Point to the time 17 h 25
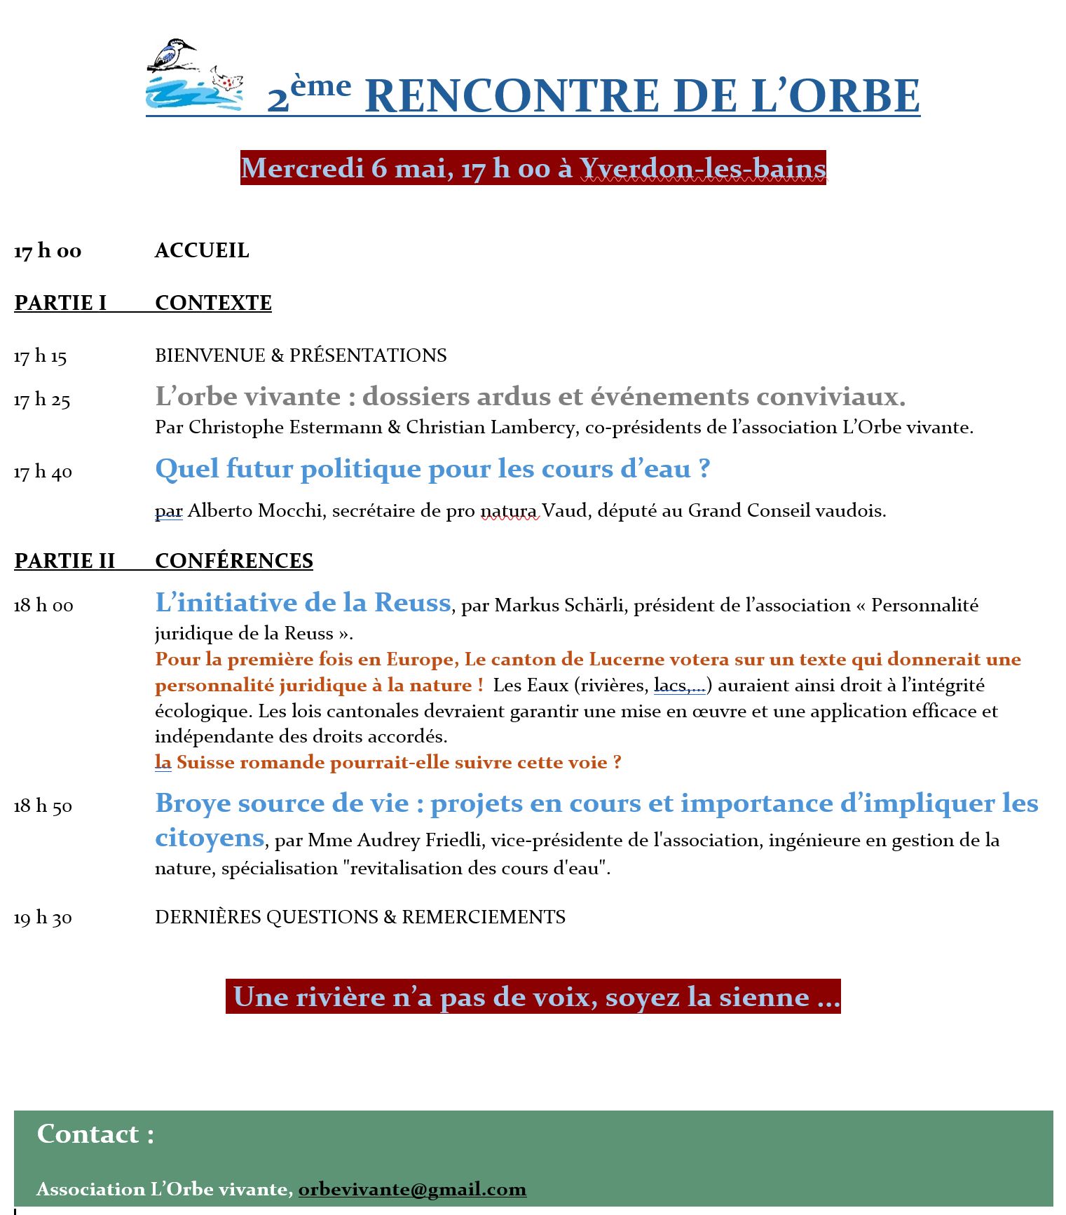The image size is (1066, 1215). point(42,400)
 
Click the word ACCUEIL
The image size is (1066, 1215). point(202,250)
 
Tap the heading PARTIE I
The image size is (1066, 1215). point(60,303)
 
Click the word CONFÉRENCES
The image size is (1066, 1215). point(234,561)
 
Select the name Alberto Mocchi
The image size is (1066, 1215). point(255,510)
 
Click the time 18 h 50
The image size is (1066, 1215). point(43,806)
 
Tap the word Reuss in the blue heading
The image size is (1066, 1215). point(412,603)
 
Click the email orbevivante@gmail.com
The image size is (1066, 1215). point(412,1189)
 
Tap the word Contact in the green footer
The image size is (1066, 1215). point(88,1134)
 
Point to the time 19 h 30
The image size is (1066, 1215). point(43,918)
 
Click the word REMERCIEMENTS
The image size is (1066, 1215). point(484,917)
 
